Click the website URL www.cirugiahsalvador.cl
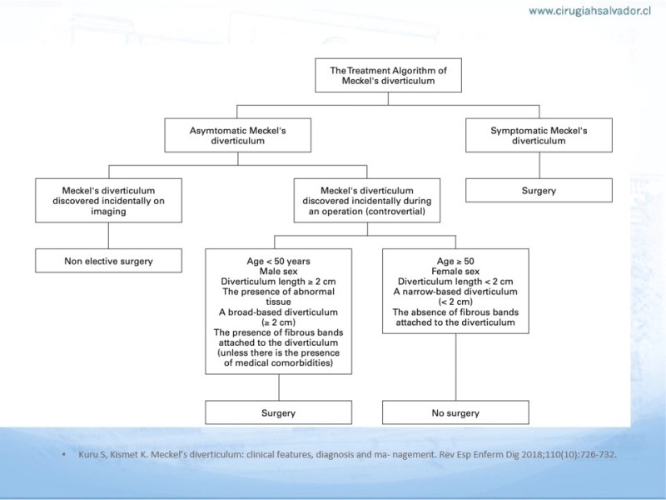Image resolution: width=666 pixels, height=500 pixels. point(590,11)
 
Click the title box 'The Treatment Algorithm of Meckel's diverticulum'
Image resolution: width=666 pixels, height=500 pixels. point(388,75)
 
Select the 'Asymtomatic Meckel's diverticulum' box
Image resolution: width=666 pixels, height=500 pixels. point(238,135)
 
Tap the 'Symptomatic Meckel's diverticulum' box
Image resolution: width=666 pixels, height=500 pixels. point(539,135)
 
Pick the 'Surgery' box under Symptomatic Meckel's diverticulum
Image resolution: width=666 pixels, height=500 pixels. point(539,191)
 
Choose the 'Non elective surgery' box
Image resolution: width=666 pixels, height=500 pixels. point(109,261)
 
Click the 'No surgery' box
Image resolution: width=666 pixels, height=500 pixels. point(455,412)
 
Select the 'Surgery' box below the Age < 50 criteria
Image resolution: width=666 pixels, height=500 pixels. point(279,412)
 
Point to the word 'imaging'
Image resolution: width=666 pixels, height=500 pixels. point(108,212)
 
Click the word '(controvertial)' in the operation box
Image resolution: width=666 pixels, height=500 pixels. point(398,212)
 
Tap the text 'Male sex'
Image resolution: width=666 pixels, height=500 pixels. point(279,272)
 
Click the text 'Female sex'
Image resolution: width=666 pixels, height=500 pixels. point(455,272)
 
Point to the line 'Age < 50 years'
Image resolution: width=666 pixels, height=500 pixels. point(279,261)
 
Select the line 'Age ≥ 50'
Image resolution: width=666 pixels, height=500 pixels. point(455,261)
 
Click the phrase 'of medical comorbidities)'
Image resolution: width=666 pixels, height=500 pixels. point(279,362)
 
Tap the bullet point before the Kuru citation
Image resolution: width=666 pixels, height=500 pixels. point(64,454)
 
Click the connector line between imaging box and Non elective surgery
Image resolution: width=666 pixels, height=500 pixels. point(109,236)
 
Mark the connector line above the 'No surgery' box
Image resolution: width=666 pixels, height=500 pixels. point(456,367)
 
